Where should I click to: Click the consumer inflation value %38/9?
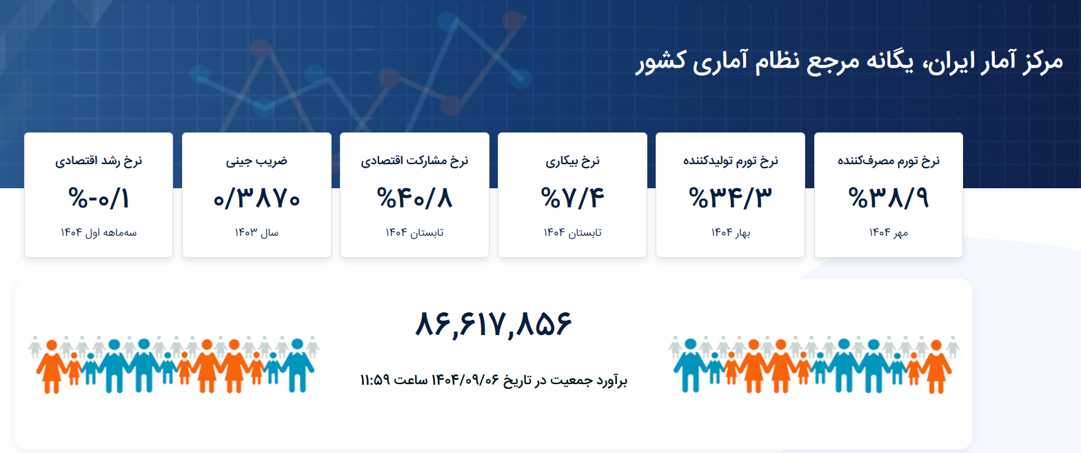(889, 199)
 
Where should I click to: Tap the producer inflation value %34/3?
(730, 199)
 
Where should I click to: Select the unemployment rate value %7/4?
(572, 199)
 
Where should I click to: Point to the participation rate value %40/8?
(414, 199)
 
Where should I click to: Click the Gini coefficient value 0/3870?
(256, 199)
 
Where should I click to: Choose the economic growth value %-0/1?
(99, 199)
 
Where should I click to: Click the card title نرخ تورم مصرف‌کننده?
(889, 161)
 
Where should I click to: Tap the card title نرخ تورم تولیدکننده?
(730, 161)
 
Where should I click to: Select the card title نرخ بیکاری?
(572, 161)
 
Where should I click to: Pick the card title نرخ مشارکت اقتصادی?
(414, 161)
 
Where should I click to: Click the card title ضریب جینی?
(256, 161)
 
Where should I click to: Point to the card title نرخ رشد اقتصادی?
(99, 161)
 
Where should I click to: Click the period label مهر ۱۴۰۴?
(889, 232)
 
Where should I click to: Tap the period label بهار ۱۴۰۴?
(730, 232)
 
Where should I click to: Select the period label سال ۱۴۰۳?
(256, 232)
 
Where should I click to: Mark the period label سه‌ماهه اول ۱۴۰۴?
(99, 232)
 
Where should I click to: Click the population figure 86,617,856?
(494, 324)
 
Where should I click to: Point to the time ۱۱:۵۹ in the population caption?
(375, 380)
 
